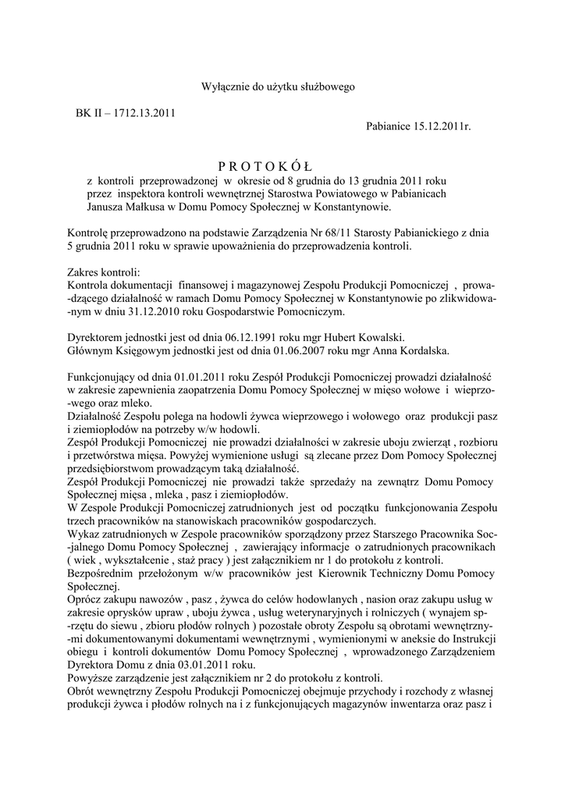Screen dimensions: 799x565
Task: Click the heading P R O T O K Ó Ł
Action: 264,166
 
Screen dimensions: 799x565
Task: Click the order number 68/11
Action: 336,233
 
